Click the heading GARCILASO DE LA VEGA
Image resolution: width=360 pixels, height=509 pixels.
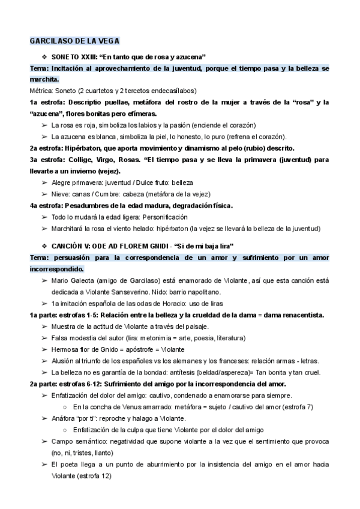point(74,41)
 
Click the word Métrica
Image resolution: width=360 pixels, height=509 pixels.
point(42,91)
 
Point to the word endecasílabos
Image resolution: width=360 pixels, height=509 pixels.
point(174,91)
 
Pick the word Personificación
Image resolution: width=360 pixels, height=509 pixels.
point(164,217)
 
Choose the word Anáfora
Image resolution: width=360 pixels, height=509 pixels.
point(65,418)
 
